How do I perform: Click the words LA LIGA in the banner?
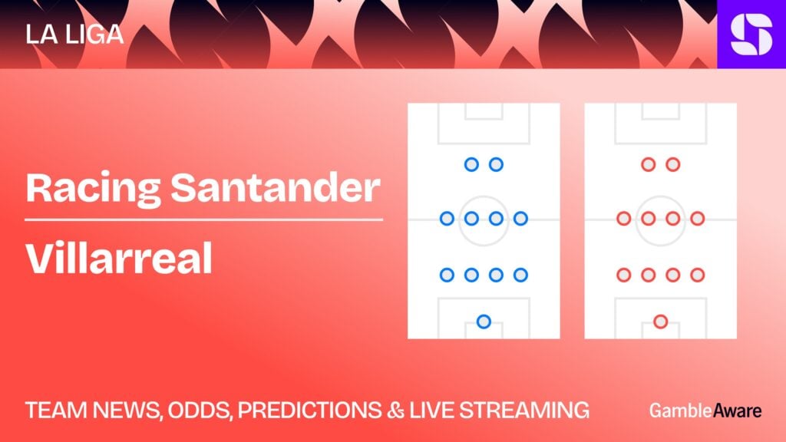click(x=74, y=35)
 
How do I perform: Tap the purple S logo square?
click(x=751, y=34)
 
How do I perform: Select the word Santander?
click(x=276, y=188)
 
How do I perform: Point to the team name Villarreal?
click(x=119, y=258)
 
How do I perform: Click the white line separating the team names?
click(x=203, y=219)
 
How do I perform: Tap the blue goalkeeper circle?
click(x=484, y=322)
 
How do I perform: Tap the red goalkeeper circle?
click(x=661, y=322)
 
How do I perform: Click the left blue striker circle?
click(x=471, y=164)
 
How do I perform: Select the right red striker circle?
click(x=672, y=164)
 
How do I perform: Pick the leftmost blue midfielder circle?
click(x=447, y=219)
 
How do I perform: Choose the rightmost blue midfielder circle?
click(x=520, y=219)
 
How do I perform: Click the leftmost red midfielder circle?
click(x=623, y=219)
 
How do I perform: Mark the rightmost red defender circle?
click(x=697, y=275)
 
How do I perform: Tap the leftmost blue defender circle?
click(x=447, y=275)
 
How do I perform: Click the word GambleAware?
click(x=705, y=411)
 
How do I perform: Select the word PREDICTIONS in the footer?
click(x=309, y=411)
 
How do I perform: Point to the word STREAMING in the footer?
click(x=524, y=411)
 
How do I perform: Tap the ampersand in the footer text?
click(x=395, y=411)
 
